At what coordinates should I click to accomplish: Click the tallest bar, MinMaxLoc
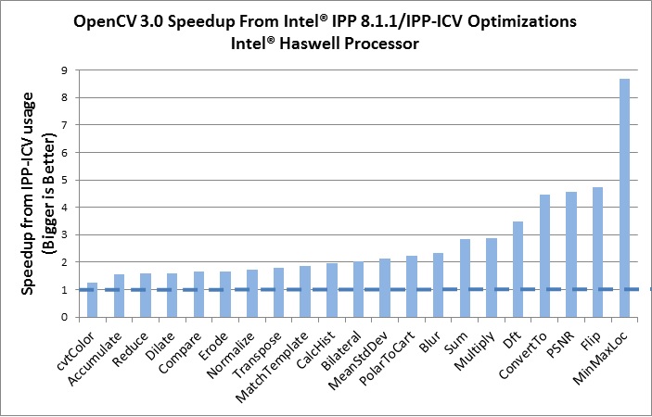(624, 197)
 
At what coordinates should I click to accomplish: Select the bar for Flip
(598, 252)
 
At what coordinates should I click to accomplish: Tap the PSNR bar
(571, 254)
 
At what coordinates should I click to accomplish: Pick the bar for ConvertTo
(545, 256)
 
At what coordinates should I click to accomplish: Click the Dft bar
(518, 269)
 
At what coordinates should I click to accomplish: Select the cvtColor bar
(92, 299)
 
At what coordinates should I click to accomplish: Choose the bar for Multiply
(492, 277)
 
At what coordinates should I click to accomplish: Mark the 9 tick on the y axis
(63, 69)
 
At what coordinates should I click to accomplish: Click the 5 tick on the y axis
(63, 180)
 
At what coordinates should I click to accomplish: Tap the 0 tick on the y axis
(63, 317)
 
